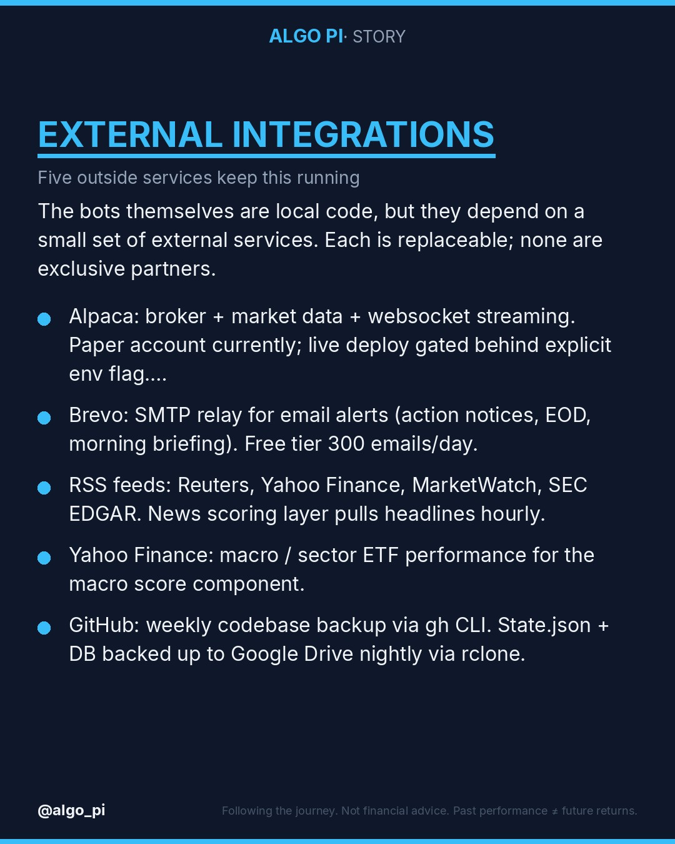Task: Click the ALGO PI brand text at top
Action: click(x=306, y=36)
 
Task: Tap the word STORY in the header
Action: click(x=379, y=37)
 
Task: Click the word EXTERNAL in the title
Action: click(x=130, y=134)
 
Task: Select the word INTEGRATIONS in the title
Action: click(x=363, y=134)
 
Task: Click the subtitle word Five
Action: click(x=54, y=178)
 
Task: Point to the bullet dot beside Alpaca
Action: click(x=44, y=319)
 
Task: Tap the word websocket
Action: click(x=419, y=316)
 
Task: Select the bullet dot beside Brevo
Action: click(x=44, y=418)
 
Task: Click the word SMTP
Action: click(x=162, y=415)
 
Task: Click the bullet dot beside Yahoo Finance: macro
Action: click(x=44, y=558)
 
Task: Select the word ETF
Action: click(x=381, y=555)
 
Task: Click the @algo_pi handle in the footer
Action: click(x=71, y=811)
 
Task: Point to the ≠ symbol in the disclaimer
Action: click(x=554, y=811)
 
